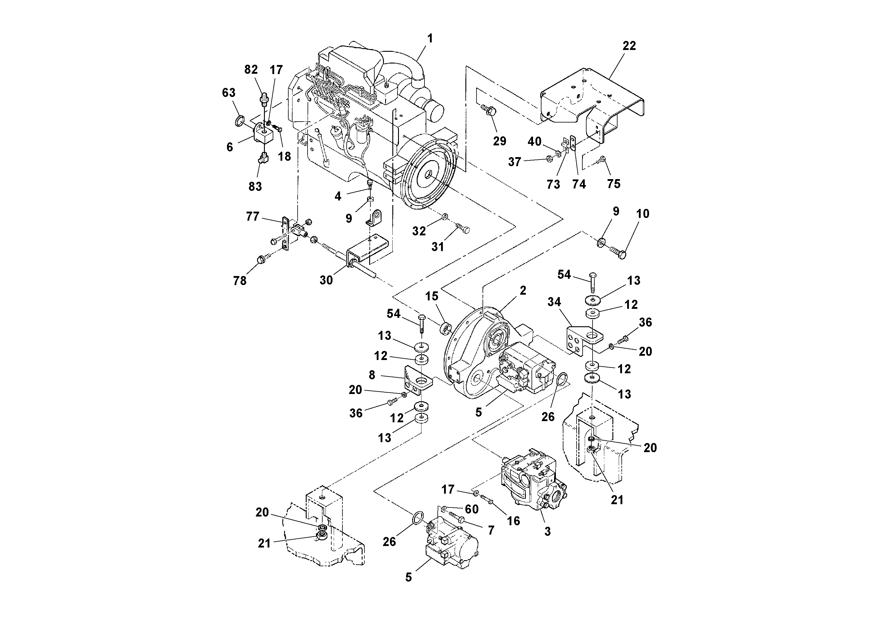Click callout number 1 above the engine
[x=430, y=39]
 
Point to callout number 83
[x=255, y=187]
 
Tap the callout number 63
[x=229, y=93]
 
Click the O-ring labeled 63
[x=240, y=121]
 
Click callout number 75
[x=614, y=184]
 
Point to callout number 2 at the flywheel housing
[x=523, y=290]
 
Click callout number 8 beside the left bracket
[x=372, y=375]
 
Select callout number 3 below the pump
[x=547, y=531]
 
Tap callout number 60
[x=472, y=509]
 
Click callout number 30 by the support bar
[x=326, y=280]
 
